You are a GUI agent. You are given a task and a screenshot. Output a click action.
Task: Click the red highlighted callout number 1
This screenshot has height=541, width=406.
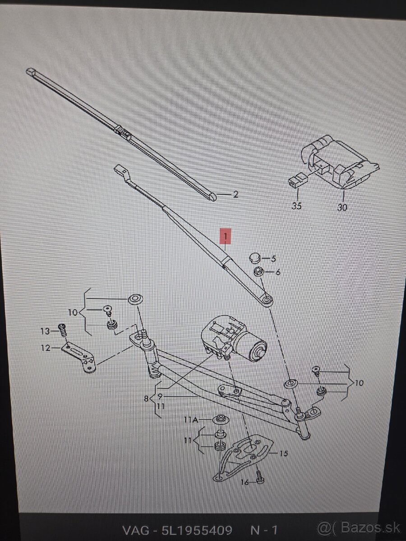(x=226, y=236)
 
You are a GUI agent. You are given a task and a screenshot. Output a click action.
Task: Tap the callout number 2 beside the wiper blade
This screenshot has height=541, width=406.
(x=235, y=195)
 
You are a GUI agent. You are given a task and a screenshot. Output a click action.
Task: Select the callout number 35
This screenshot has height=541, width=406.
(x=296, y=206)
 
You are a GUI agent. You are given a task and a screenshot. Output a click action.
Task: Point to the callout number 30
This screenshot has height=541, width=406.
(x=342, y=207)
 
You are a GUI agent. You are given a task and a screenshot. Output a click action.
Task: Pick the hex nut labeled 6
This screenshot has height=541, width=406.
(x=259, y=272)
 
